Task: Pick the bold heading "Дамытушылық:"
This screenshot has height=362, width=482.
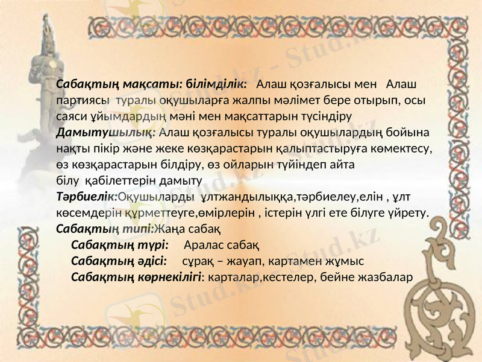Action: point(106,132)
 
